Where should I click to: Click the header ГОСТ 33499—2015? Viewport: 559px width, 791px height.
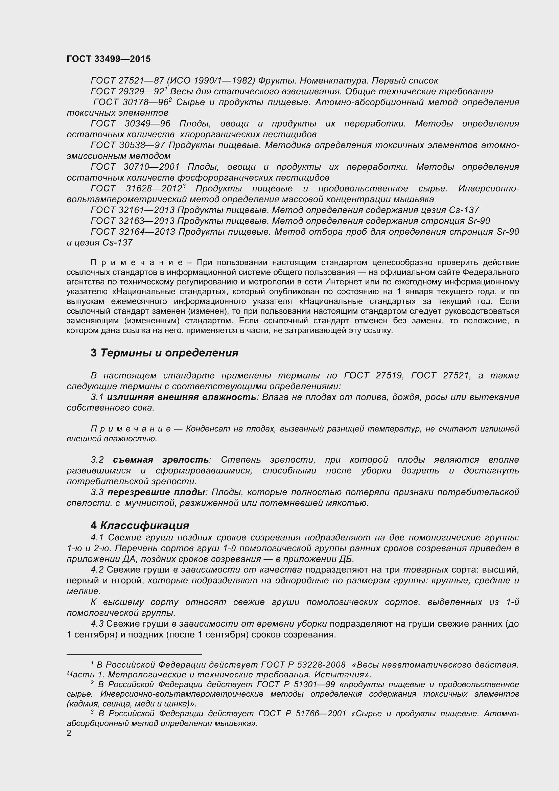(x=109, y=59)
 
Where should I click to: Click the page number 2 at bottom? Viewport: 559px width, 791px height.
(x=69, y=733)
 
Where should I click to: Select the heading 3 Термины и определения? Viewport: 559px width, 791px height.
(x=164, y=353)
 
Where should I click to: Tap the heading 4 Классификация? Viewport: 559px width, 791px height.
(x=140, y=526)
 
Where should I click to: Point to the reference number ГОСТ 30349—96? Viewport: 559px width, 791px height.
(x=131, y=124)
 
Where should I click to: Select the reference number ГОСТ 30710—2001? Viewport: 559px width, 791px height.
(x=135, y=167)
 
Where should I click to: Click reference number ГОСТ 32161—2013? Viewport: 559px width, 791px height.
(x=133, y=210)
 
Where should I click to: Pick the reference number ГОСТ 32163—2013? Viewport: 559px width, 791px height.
(x=133, y=221)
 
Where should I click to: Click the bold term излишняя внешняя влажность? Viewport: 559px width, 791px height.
(x=182, y=397)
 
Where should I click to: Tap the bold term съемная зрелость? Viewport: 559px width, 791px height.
(x=161, y=460)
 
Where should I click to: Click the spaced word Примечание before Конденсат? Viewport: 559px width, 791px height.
(x=131, y=429)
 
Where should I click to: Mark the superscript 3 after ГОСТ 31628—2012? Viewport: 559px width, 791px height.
(x=184, y=186)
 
